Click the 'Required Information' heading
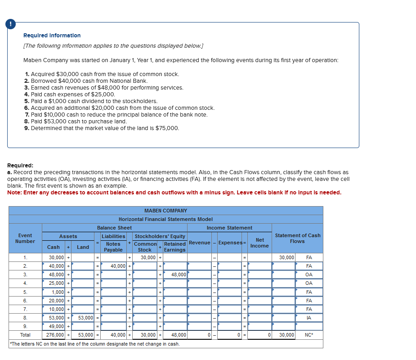[52, 36]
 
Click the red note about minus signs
[174, 193]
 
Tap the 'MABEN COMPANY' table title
[166, 211]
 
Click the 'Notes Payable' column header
[113, 247]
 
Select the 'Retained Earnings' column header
[175, 247]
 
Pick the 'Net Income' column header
[259, 243]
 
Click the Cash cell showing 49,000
[56, 326]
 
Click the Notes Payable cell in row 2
[115, 266]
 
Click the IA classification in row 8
[309, 318]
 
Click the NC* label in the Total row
[309, 335]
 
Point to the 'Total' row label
[25, 335]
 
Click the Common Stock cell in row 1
[145, 257]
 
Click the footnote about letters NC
[94, 344]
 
